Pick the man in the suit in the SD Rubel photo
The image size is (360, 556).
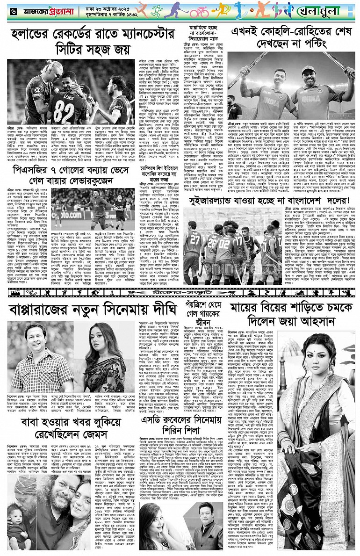[205, 524]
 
